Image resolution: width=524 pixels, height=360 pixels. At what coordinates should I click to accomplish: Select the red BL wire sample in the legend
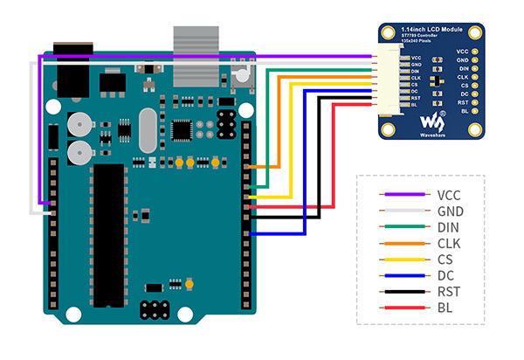pos(401,307)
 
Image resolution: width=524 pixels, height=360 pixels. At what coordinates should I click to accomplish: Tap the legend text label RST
pos(448,291)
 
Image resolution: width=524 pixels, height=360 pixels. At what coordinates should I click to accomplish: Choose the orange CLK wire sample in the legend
pos(401,244)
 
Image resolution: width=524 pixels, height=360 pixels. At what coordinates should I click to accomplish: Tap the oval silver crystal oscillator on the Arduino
pos(145,133)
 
